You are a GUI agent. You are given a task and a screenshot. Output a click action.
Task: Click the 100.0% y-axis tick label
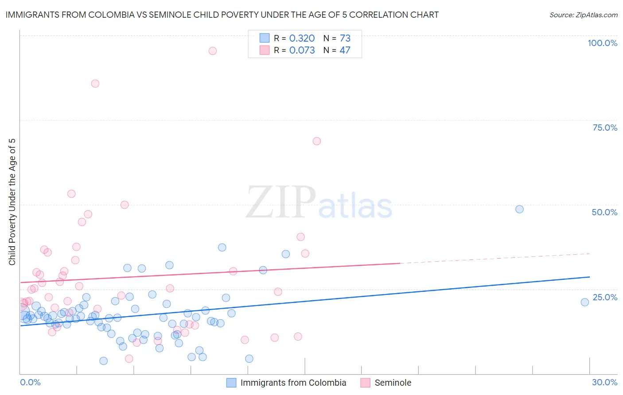pos(602,43)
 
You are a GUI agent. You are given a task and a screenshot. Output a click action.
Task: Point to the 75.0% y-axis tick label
pos(605,128)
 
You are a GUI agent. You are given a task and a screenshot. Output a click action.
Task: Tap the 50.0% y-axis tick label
pos(604,212)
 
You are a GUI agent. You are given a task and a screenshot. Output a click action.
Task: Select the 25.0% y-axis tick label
pos(605,297)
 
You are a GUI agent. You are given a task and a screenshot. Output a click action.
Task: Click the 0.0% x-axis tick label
pos(30,382)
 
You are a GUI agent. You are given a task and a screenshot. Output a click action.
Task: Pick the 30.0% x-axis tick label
pos(604,382)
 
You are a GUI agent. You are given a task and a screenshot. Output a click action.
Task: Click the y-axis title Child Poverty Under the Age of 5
pos(12,202)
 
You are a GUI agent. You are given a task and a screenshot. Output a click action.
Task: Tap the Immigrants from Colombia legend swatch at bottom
pos(231,383)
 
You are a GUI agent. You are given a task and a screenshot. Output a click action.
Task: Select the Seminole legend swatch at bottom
pos(365,383)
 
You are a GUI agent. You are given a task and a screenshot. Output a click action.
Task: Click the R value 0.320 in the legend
pos(302,39)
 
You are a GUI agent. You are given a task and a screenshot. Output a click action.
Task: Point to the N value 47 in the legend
pos(345,50)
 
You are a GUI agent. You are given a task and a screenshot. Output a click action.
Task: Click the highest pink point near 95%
pos(213,51)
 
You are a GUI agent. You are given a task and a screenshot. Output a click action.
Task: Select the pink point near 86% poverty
pos(95,84)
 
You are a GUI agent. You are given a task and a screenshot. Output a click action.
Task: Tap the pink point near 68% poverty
pos(317,141)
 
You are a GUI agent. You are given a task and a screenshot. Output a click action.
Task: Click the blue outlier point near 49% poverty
pos(519,209)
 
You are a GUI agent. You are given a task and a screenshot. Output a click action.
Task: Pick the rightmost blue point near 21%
pos(585,302)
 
